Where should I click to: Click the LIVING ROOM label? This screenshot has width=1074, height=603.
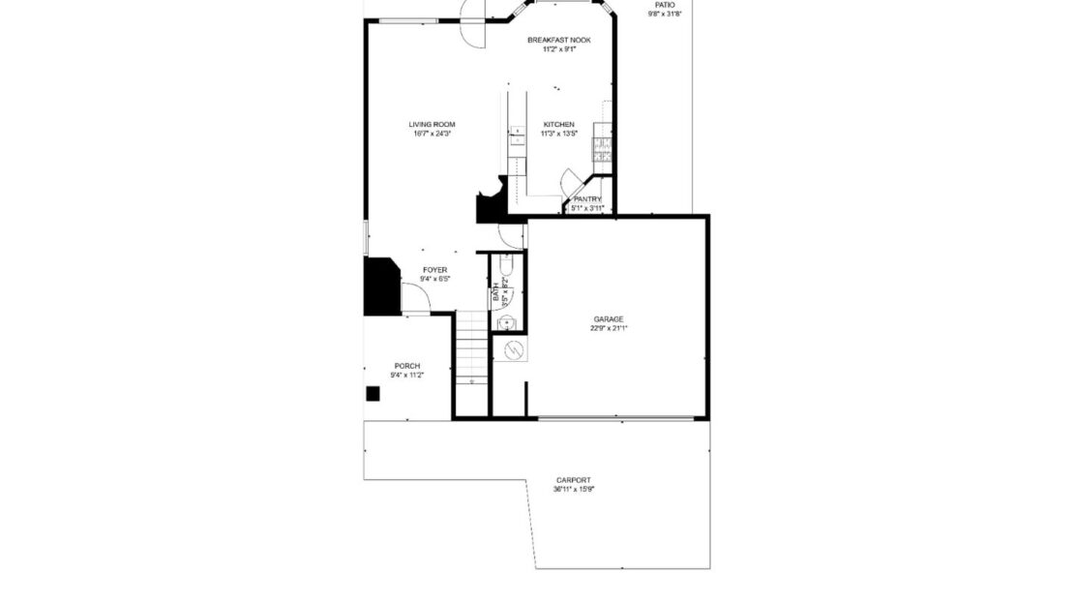pos(432,124)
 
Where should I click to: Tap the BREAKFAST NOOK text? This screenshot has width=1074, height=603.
pos(558,40)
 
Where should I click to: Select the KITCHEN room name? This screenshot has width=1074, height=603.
pos(558,124)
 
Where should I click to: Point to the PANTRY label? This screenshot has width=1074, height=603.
pos(587,199)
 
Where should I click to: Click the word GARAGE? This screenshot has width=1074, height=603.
pos(609,318)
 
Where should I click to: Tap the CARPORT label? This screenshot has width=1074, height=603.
pos(573,480)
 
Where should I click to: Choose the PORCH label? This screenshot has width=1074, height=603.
pos(407,365)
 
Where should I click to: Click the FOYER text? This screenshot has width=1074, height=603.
pos(434,270)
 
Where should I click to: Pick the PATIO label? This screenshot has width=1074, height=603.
pos(665,5)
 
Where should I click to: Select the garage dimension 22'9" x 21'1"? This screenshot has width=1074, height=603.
pos(609,328)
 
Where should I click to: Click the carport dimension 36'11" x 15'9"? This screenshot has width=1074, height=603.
pos(573,490)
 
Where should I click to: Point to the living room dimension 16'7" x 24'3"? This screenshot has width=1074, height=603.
pos(432,134)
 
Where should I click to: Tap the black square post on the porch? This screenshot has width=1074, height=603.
pos(373,394)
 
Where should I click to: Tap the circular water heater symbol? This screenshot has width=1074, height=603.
pos(515,348)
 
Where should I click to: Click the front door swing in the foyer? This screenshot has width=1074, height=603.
pos(414,298)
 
